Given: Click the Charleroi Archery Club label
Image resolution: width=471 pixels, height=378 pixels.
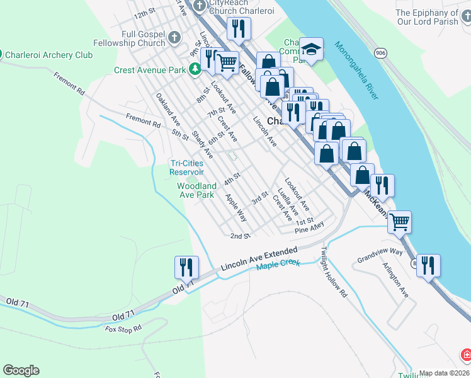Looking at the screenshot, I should pyautogui.click(x=48, y=55).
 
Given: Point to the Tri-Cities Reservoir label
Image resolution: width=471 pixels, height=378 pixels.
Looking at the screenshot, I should pyautogui.click(x=186, y=168).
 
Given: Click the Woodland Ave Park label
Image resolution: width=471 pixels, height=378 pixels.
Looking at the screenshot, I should pyautogui.click(x=196, y=190).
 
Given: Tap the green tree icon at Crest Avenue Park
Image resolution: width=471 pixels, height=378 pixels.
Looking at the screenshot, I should pyautogui.click(x=196, y=70).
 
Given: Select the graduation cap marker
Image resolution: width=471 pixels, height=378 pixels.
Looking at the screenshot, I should pyautogui.click(x=310, y=49).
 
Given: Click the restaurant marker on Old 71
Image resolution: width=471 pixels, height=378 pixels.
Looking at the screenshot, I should pyautogui.click(x=186, y=266).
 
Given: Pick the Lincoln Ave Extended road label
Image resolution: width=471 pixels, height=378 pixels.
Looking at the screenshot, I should pyautogui.click(x=258, y=259).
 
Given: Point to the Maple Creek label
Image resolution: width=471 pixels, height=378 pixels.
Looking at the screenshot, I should pyautogui.click(x=278, y=266).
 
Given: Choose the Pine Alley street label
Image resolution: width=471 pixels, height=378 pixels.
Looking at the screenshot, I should pyautogui.click(x=310, y=227).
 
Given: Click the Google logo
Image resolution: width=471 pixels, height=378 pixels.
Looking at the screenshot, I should pyautogui.click(x=21, y=370).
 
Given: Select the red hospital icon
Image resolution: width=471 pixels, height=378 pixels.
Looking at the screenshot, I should pyautogui.click(x=466, y=355).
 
